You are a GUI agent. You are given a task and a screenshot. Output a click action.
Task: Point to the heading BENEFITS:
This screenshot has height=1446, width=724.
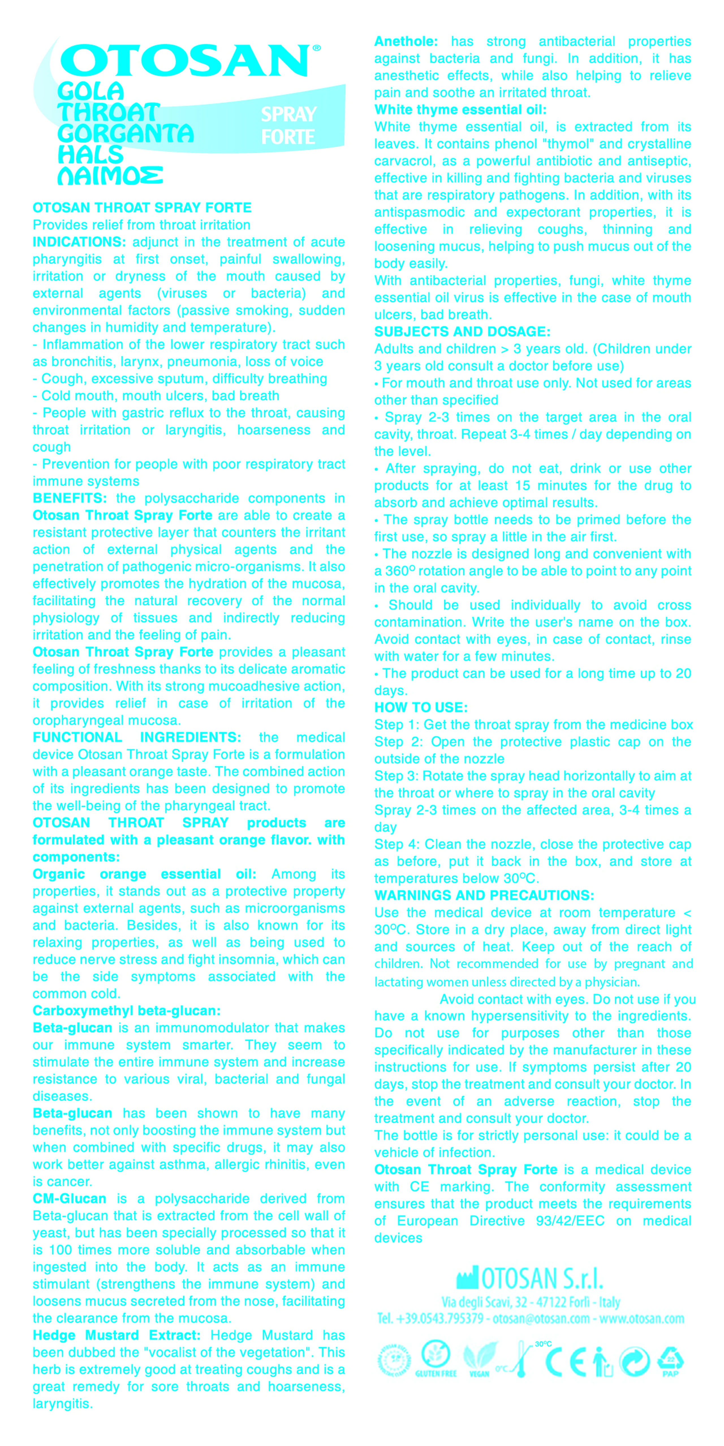pos(70,498)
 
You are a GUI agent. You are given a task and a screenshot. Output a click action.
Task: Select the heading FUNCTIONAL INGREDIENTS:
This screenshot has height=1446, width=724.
pos(137,738)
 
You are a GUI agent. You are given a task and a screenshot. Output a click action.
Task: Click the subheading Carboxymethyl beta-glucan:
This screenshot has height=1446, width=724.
pos(126,1011)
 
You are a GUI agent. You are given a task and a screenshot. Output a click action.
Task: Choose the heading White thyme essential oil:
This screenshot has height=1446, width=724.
pos(460,110)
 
